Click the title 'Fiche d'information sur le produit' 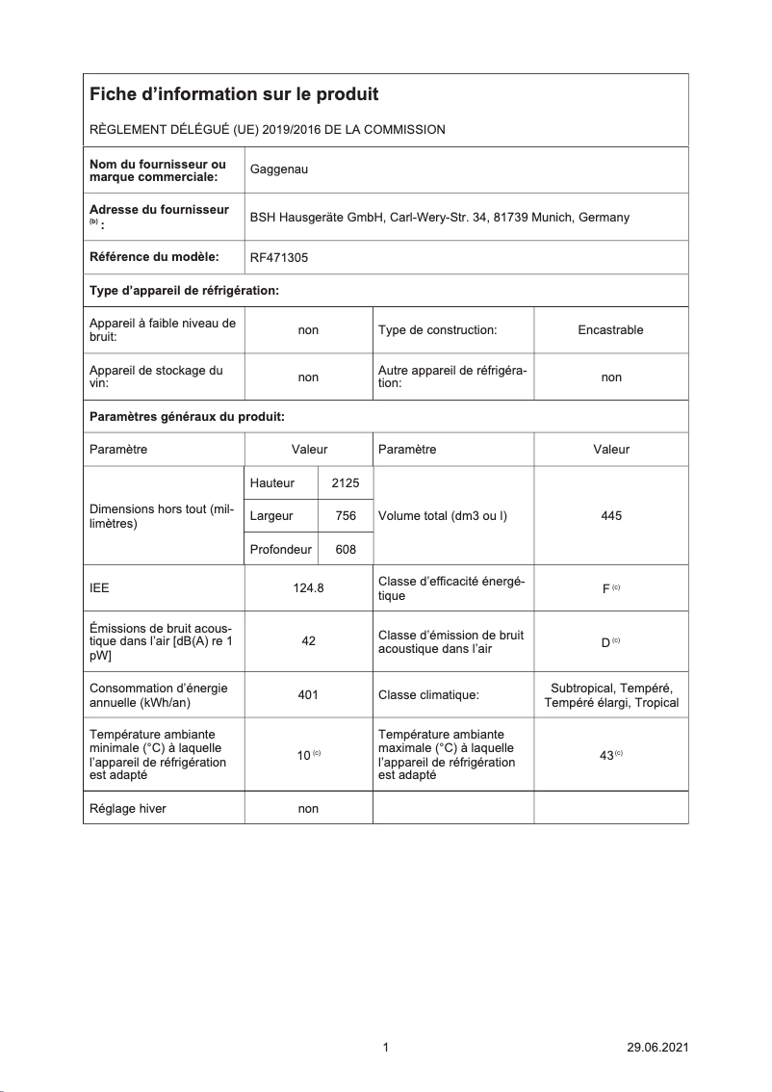[x=234, y=94]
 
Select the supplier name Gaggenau [x=279, y=170]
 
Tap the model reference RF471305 [x=279, y=257]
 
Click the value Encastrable [x=610, y=330]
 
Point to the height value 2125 [x=345, y=483]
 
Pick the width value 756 [x=346, y=516]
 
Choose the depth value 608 [x=346, y=549]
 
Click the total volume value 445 [x=610, y=516]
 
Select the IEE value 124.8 [x=308, y=588]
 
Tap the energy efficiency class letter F [x=605, y=589]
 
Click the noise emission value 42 [x=308, y=641]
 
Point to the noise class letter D [x=605, y=642]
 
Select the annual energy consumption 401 [x=308, y=694]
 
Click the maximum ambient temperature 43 [x=606, y=756]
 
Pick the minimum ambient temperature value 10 [x=303, y=756]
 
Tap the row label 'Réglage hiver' [x=127, y=809]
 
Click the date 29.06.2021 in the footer [x=656, y=1048]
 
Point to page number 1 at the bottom [x=385, y=1048]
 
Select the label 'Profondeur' [x=280, y=549]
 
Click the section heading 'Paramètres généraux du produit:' [x=187, y=417]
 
